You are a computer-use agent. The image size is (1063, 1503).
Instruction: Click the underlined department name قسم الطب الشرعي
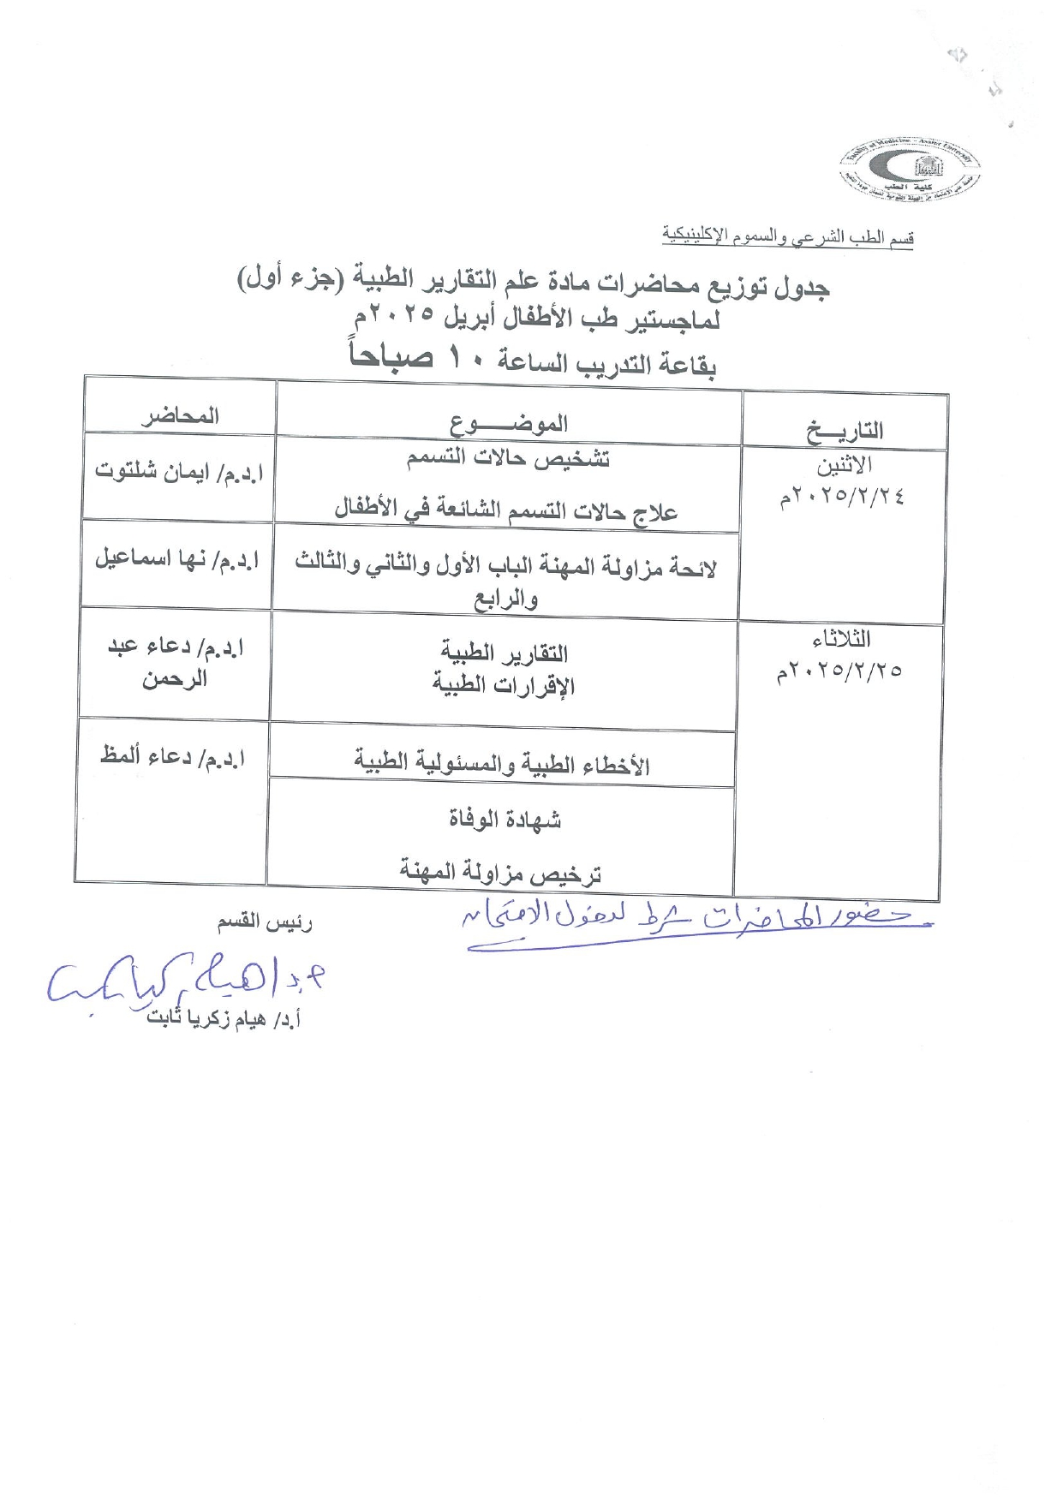(787, 236)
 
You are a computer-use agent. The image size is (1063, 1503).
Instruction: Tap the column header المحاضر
(180, 416)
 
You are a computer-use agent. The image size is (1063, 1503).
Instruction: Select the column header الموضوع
(509, 423)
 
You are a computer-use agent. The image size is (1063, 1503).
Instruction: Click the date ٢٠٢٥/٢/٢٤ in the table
(842, 497)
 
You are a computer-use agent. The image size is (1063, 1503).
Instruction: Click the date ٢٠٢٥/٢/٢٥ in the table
(839, 671)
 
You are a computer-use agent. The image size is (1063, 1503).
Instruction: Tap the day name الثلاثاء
(841, 639)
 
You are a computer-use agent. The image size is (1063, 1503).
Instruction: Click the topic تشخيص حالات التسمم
(508, 459)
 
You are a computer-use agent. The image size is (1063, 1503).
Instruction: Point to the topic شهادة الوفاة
(505, 820)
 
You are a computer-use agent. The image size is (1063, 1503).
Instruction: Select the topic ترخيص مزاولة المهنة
(500, 874)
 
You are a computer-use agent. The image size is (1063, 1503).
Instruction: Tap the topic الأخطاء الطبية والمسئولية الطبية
(502, 764)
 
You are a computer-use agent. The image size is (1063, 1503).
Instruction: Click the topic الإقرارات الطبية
(503, 685)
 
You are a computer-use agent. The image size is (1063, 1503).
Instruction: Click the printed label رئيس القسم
(265, 921)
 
